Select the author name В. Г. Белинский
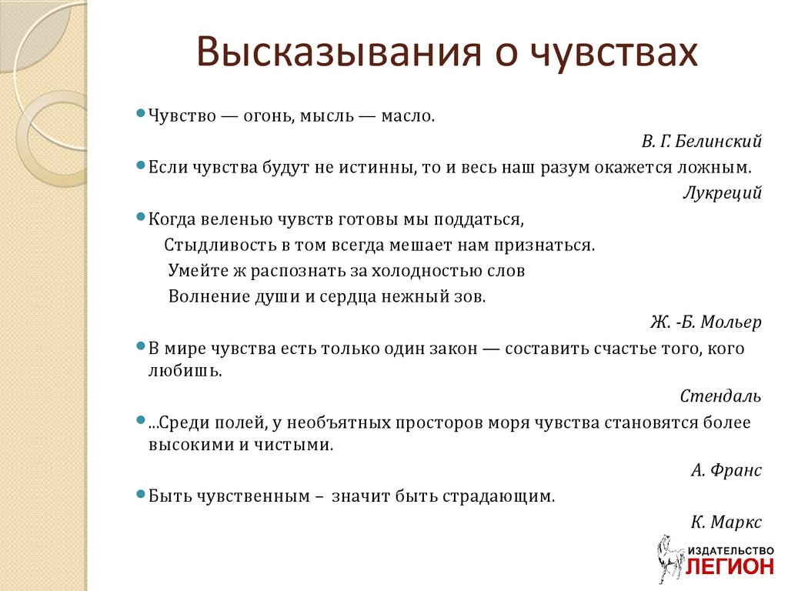pyautogui.click(x=701, y=142)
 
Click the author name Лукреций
pyautogui.click(x=722, y=193)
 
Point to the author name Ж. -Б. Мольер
pyautogui.click(x=706, y=322)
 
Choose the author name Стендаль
pyautogui.click(x=720, y=396)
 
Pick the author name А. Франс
pyautogui.click(x=726, y=470)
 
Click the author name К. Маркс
pyautogui.click(x=726, y=523)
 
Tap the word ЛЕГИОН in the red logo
pyautogui.click(x=730, y=566)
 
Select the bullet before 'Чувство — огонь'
pyautogui.click(x=141, y=113)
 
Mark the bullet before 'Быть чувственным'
pyautogui.click(x=141, y=494)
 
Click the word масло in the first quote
pyautogui.click(x=408, y=117)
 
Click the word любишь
pyautogui.click(x=185, y=371)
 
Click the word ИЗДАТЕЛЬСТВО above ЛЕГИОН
pyautogui.click(x=731, y=551)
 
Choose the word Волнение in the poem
pyautogui.click(x=209, y=296)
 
